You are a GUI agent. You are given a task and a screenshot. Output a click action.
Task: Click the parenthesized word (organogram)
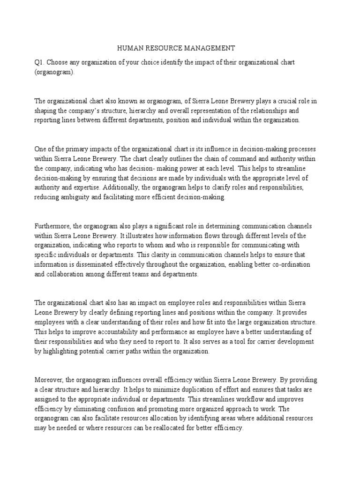pos(54,73)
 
